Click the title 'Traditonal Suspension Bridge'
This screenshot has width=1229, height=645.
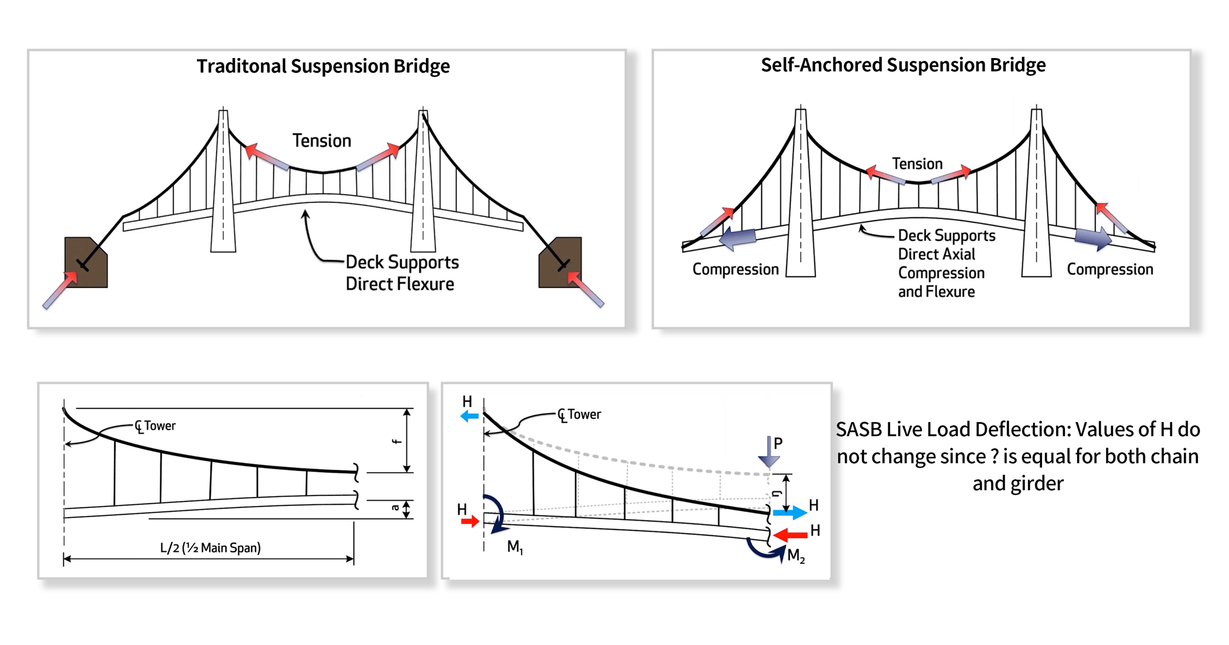[x=323, y=66]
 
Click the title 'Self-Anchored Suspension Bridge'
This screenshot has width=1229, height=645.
[x=902, y=65]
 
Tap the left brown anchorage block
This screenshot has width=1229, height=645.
[x=85, y=262]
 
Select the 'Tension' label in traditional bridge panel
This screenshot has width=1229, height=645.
[x=321, y=141]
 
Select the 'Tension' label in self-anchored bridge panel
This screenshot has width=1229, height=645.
[x=916, y=164]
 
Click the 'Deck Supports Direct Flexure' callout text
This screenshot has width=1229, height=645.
[x=401, y=273]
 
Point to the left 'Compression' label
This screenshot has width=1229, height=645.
[x=735, y=269]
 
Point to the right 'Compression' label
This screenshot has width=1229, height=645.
[x=1110, y=269]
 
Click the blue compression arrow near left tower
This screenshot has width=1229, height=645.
[x=738, y=238]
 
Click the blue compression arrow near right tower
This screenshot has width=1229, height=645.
[x=1093, y=238]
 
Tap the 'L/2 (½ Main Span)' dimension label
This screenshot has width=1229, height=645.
[x=210, y=547]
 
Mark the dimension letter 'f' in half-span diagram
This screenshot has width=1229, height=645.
[x=396, y=441]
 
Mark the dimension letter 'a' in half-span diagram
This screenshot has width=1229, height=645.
[x=395, y=508]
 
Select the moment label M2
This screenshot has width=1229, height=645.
[x=795, y=556]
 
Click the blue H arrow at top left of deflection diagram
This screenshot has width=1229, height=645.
[x=469, y=416]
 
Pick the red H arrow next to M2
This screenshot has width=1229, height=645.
[x=791, y=535]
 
